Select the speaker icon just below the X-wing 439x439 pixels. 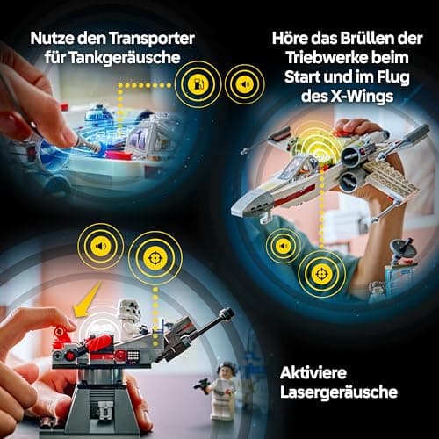pyautogui.click(x=283, y=246)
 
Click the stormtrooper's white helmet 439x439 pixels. pyautogui.click(x=129, y=313)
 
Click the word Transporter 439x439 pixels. pyautogui.click(x=149, y=39)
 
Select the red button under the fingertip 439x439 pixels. pyautogui.click(x=61, y=335)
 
